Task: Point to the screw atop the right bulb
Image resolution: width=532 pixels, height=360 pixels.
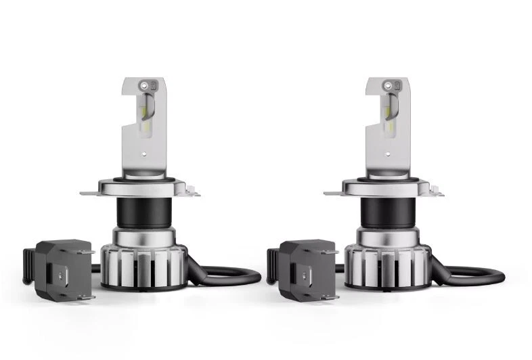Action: point(387,86)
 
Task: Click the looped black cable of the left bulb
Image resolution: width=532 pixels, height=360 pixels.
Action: point(230,277)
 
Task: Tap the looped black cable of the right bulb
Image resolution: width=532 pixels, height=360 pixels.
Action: point(474,277)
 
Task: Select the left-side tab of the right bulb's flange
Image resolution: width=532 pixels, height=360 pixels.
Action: point(332,193)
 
